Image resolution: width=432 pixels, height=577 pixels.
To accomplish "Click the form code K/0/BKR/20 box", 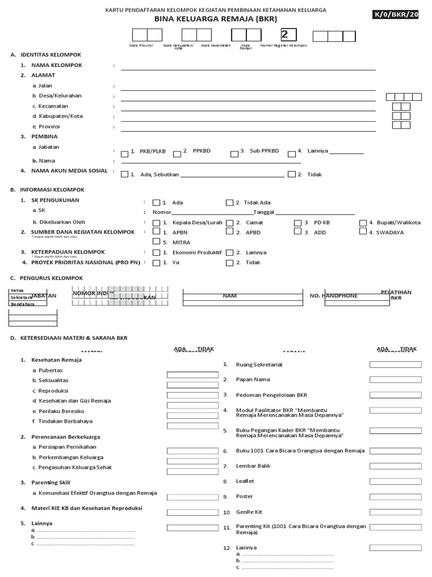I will [402, 15].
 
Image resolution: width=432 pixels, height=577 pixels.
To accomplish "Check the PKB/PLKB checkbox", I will [124, 153].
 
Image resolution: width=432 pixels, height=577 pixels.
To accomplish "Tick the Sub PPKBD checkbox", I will [235, 153].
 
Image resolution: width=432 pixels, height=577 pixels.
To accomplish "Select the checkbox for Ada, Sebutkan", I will [124, 175].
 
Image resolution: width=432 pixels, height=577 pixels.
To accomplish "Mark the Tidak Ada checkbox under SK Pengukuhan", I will [229, 203].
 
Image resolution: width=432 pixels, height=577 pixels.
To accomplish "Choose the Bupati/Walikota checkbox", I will [363, 223].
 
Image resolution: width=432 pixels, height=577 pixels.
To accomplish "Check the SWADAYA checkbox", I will [363, 232].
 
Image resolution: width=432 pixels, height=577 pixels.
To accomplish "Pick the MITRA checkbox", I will [156, 242].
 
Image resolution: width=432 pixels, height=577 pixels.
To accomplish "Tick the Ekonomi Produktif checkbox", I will [156, 252].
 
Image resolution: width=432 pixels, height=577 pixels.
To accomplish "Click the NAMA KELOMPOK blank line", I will [247, 66].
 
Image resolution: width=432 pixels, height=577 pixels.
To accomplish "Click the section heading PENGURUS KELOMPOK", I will [51, 278].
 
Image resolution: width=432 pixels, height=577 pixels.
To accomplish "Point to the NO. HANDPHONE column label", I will [334, 296].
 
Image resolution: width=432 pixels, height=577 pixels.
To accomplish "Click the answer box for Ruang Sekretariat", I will [395, 365].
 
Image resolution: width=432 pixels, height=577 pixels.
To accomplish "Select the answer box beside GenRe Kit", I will [395, 512].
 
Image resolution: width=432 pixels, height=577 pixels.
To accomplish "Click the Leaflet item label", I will [245, 481].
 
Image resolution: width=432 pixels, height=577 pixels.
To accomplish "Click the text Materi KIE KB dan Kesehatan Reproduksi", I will [82, 508].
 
